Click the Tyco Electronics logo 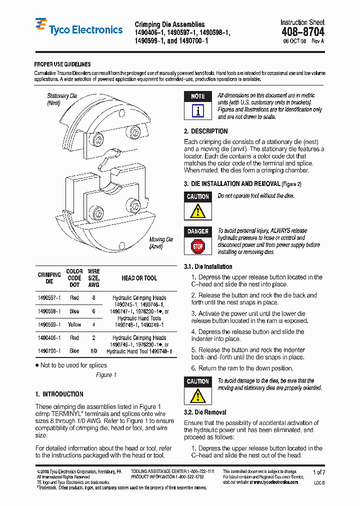click(x=79, y=28)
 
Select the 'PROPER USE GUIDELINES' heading click(x=62, y=64)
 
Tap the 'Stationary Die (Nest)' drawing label click(x=62, y=99)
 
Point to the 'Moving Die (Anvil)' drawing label click(x=161, y=243)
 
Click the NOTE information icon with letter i click(x=198, y=111)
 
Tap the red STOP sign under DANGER click(x=198, y=246)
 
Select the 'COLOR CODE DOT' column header click(x=74, y=278)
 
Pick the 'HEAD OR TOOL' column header click(x=139, y=278)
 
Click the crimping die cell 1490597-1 click(x=49, y=297)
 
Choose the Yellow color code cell click(x=74, y=324)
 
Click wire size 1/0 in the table click(x=93, y=351)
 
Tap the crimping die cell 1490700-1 click(x=49, y=351)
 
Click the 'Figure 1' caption click(x=106, y=375)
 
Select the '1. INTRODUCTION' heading click(x=59, y=394)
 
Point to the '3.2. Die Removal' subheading click(x=205, y=412)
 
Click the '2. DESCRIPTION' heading click(x=205, y=131)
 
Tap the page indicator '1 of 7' click(x=318, y=472)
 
